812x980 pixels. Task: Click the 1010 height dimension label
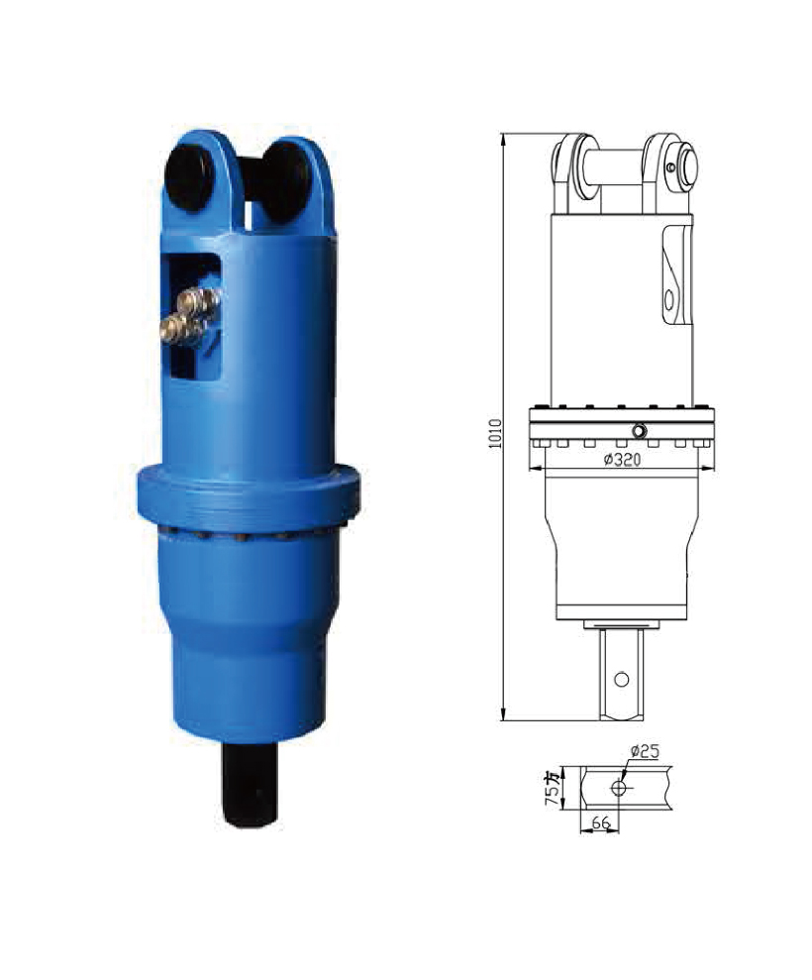point(495,434)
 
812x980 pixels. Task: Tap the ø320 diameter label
point(622,460)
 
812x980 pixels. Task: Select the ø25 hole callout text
point(645,751)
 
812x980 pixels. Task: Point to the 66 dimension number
point(600,822)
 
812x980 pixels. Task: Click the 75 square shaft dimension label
point(553,788)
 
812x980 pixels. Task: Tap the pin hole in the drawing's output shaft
point(621,679)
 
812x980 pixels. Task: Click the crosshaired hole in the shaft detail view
point(618,788)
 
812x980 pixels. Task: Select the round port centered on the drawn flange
point(639,431)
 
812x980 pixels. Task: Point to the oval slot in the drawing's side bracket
point(669,298)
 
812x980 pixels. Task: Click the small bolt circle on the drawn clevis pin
point(671,167)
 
